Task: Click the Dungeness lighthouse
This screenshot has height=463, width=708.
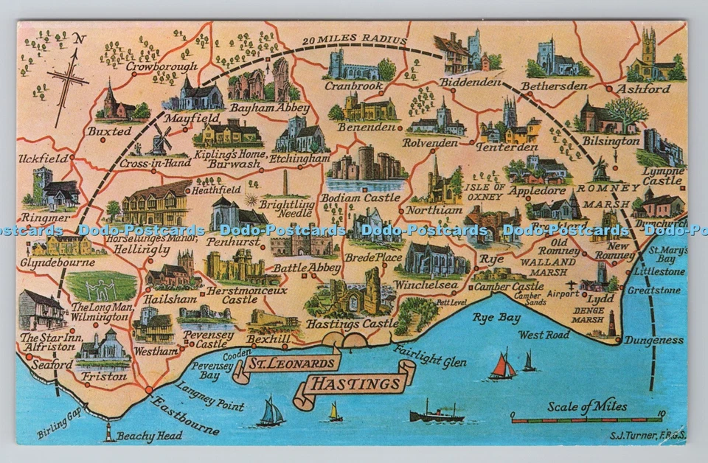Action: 611,322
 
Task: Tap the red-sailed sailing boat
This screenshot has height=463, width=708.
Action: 502,366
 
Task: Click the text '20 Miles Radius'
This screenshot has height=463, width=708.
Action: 353,39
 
